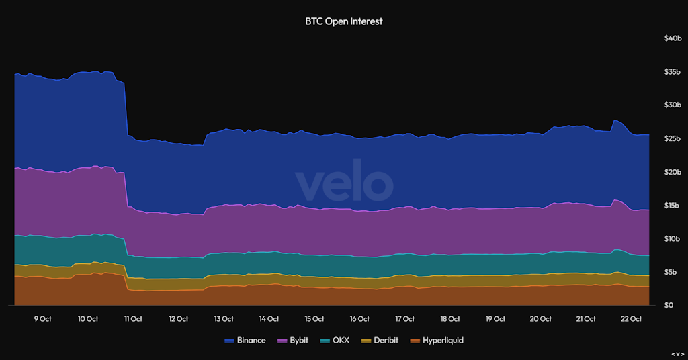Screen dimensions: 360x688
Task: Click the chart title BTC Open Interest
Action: pyautogui.click(x=343, y=21)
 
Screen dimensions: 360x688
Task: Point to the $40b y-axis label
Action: pyautogui.click(x=673, y=38)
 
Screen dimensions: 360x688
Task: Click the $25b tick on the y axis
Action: pyautogui.click(x=673, y=138)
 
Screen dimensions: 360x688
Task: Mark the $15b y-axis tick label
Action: pyautogui.click(x=673, y=206)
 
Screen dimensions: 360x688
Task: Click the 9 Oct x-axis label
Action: pyautogui.click(x=42, y=318)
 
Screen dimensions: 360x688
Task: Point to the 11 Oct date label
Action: pyautogui.click(x=133, y=318)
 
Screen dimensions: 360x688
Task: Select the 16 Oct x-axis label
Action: pyautogui.click(x=359, y=318)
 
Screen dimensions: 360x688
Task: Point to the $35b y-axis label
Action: pyautogui.click(x=673, y=72)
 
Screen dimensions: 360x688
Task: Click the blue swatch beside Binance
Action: pyautogui.click(x=229, y=341)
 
